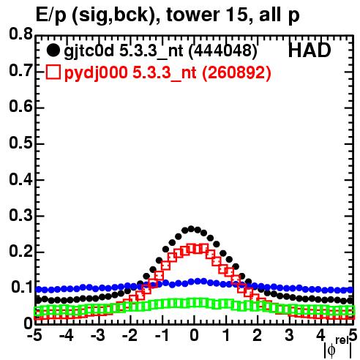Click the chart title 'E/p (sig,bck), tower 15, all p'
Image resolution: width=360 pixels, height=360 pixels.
click(x=168, y=15)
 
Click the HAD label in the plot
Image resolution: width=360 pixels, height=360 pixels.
click(x=310, y=50)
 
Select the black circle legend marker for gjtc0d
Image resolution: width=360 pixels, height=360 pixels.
click(x=53, y=50)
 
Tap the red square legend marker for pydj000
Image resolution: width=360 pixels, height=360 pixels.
click(x=53, y=72)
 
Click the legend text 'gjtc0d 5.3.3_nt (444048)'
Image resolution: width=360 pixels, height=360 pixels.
click(x=160, y=51)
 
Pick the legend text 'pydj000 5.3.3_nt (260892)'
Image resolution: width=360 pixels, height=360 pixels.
click(x=168, y=73)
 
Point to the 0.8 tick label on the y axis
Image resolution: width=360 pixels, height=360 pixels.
click(x=20, y=34)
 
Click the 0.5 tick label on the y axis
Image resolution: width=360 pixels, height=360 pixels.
click(x=20, y=143)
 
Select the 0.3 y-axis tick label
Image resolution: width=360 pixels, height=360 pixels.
click(x=20, y=216)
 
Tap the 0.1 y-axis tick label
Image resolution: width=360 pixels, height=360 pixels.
click(x=22, y=288)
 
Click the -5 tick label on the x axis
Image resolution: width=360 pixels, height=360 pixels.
click(x=35, y=335)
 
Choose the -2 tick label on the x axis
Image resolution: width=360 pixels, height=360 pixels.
click(x=130, y=335)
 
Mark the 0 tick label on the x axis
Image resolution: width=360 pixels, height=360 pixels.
click(x=194, y=335)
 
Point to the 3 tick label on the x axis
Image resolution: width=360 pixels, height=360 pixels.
click(x=289, y=335)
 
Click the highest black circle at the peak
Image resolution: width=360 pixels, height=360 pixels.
click(x=191, y=229)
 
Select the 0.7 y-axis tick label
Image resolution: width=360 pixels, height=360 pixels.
click(x=20, y=71)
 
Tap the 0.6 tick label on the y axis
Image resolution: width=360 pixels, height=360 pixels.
click(x=20, y=107)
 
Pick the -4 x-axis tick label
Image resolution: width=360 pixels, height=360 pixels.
click(x=67, y=335)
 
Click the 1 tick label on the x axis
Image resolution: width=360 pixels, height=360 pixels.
click(x=226, y=335)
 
